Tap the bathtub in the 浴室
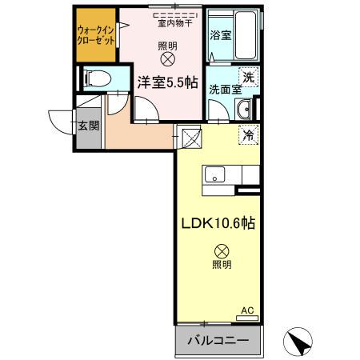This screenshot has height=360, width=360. (239, 34)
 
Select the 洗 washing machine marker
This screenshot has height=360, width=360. (249, 78)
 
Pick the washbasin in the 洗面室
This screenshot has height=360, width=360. (246, 110)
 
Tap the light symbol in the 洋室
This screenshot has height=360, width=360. (167, 59)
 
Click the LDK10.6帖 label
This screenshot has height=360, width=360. (216, 225)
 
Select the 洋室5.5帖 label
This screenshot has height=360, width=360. (166, 81)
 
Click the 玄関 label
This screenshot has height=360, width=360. (88, 126)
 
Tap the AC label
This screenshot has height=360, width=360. (247, 310)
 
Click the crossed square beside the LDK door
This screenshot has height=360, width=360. (190, 138)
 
